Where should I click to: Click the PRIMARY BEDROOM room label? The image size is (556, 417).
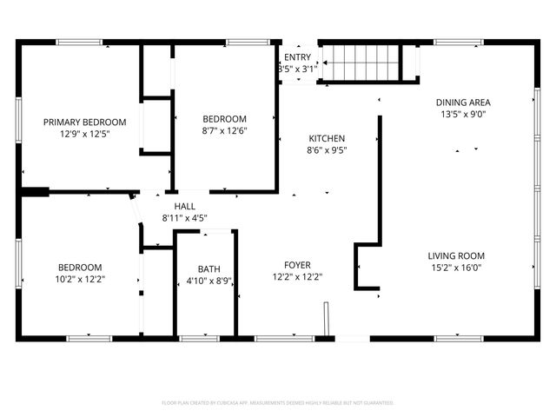coord(85,122)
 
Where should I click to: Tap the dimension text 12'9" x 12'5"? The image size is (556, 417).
coord(85,135)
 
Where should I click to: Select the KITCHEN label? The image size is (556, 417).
coord(327,138)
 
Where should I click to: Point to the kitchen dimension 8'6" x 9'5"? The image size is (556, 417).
coord(327,150)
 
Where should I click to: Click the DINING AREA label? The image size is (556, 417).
coord(467,103)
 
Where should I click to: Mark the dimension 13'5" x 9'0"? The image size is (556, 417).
coord(467,115)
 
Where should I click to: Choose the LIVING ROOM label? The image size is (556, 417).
coord(456,255)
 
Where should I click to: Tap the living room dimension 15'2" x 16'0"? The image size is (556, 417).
coord(456,268)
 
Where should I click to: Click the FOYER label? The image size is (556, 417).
coord(297,265)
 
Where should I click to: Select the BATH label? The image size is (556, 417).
coord(209,268)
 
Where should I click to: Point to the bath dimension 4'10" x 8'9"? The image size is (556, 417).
coord(209,281)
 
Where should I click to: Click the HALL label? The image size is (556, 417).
coord(184,206)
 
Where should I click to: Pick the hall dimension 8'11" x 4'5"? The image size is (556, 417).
coord(184,218)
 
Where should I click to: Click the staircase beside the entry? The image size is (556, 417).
coord(361,63)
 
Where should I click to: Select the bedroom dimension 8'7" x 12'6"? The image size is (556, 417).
coord(225,131)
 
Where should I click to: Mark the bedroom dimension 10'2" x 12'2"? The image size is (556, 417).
coord(80,280)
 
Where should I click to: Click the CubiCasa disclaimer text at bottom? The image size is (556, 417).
coord(278,403)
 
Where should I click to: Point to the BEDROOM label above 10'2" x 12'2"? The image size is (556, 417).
coord(80,268)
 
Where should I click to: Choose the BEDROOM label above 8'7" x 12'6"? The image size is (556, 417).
coord(225,119)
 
